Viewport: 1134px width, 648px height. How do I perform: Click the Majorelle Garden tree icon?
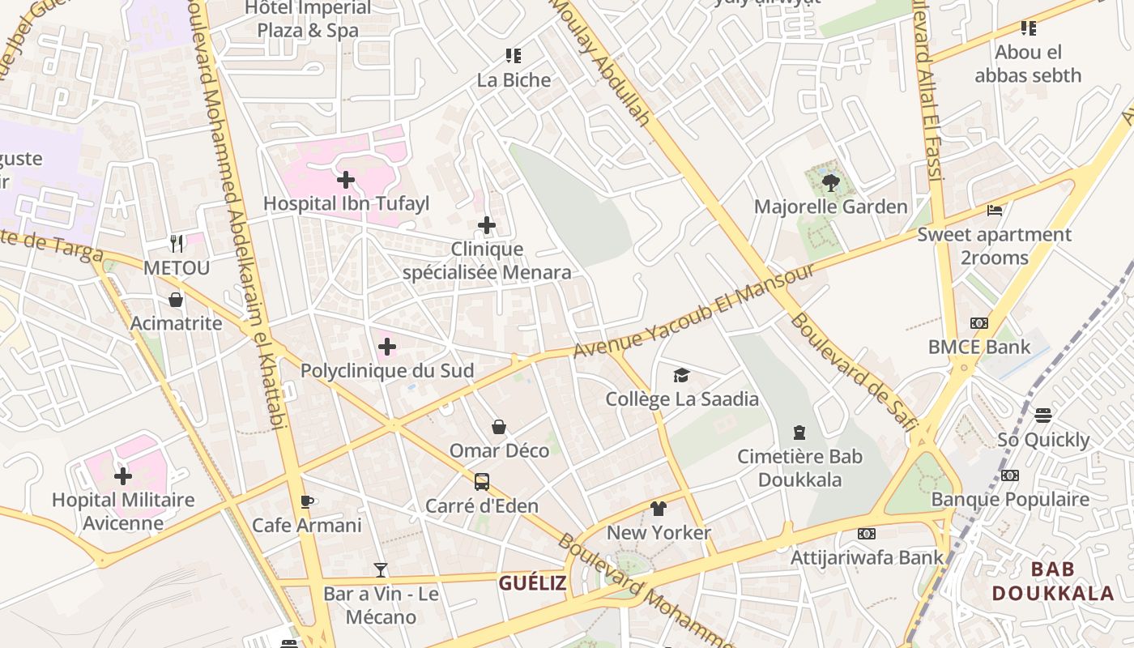click(x=830, y=182)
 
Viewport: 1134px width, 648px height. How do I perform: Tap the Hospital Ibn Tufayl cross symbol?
click(x=346, y=179)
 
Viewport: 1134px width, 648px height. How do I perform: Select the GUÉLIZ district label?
click(x=532, y=583)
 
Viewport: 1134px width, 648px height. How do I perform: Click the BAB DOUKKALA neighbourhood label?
click(x=1053, y=582)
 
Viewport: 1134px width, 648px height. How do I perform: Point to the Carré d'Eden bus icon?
click(x=482, y=482)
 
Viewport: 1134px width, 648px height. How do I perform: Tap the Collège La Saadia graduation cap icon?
click(x=682, y=375)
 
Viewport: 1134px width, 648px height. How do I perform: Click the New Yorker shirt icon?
click(x=659, y=509)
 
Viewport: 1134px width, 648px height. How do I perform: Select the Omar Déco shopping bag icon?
click(x=499, y=427)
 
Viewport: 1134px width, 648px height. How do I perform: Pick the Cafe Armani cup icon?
click(x=306, y=501)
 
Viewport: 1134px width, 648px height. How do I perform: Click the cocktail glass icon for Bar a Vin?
click(x=381, y=570)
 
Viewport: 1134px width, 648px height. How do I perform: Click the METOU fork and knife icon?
click(x=177, y=243)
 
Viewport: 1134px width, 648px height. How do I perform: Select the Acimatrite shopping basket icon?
click(x=176, y=300)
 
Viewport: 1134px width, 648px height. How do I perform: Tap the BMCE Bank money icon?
click(x=979, y=323)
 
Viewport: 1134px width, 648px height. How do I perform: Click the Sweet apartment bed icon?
click(x=995, y=211)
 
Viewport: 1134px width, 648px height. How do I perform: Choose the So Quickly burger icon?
click(x=1043, y=416)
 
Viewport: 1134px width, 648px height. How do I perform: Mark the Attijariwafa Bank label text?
click(x=867, y=557)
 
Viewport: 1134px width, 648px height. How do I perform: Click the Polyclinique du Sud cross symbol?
click(x=387, y=347)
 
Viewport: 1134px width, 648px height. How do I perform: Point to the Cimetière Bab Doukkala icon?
click(x=799, y=432)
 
